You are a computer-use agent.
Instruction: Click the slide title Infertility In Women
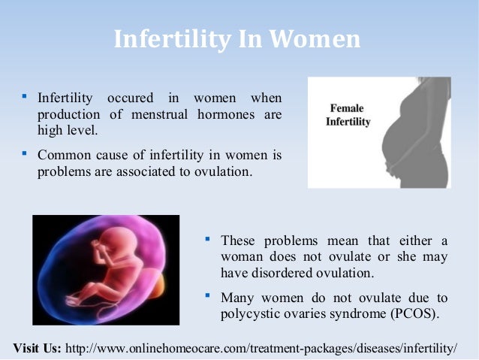237,38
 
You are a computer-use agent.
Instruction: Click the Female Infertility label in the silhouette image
348,115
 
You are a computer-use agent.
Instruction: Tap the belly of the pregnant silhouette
398,150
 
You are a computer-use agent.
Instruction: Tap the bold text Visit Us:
38,349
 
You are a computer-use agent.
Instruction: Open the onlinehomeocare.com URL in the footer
261,349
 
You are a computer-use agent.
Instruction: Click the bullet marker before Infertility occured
25,98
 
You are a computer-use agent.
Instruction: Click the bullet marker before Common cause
25,155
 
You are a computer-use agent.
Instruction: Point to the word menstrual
159,115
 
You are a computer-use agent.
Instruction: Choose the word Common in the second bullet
62,156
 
